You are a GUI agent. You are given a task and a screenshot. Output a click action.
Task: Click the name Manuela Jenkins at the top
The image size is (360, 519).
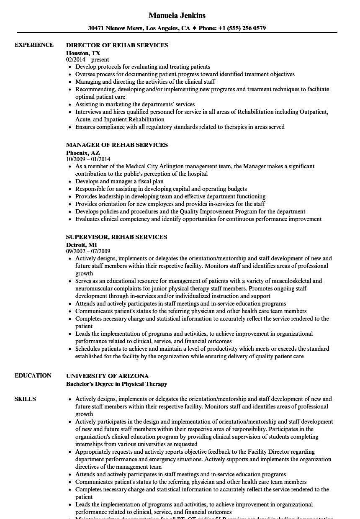tap(177, 15)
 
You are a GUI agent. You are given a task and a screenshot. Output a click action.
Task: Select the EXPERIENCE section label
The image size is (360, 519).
tap(34, 45)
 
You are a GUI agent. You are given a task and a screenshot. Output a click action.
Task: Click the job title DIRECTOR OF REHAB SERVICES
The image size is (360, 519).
tap(117, 45)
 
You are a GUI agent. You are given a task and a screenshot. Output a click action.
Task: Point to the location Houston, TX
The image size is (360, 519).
tap(83, 53)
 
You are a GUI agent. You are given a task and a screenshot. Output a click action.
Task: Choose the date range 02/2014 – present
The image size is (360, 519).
tap(87, 60)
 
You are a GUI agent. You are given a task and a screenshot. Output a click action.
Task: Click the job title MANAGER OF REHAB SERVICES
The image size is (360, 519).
tap(117, 145)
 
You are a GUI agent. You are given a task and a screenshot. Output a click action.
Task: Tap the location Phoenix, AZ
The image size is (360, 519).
tap(82, 153)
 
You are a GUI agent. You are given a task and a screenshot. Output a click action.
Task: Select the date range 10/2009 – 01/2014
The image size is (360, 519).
tap(88, 159)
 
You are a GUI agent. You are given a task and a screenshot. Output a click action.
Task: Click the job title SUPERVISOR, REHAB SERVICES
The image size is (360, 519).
tap(116, 237)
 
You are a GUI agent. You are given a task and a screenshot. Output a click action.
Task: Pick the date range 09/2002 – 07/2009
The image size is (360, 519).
tap(88, 252)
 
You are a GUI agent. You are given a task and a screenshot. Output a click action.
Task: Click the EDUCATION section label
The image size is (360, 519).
tap(33, 375)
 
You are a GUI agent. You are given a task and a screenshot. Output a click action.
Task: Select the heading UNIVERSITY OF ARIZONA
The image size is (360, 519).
tap(107, 376)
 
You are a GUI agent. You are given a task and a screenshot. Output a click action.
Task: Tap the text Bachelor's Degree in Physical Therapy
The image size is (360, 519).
tap(116, 384)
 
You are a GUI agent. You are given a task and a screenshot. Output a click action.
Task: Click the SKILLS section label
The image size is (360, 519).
tap(25, 399)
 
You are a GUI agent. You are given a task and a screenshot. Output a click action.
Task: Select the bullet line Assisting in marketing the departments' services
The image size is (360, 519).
tap(135, 104)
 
